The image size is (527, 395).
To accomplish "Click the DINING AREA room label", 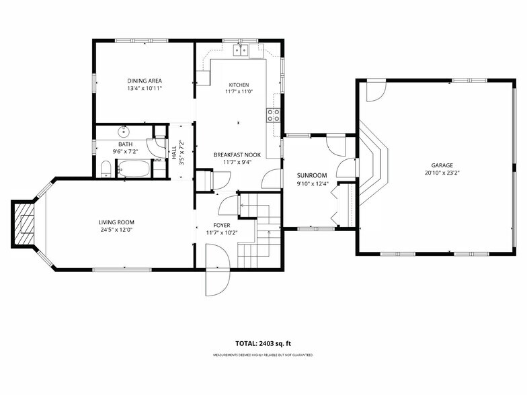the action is [x=145, y=81].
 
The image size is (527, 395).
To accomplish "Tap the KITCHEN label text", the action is [x=239, y=85].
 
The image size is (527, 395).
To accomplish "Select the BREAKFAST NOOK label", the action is [x=237, y=155].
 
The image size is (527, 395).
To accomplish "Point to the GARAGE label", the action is [x=442, y=165].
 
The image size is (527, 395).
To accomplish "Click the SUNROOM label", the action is [x=312, y=175].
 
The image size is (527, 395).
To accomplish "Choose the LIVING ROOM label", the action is [x=116, y=222].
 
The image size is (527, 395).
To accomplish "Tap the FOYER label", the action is [x=222, y=225].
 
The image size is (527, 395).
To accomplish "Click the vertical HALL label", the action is [x=174, y=152].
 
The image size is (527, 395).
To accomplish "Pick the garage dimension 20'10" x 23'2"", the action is [x=442, y=173].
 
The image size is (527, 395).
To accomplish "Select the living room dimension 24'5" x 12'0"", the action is [x=116, y=230].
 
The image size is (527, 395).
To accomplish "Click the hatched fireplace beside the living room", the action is [x=24, y=224].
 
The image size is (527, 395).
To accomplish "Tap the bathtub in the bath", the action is [x=134, y=169].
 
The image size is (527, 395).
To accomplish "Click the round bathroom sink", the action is [x=124, y=130].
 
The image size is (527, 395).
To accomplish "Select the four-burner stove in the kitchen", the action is [x=274, y=115].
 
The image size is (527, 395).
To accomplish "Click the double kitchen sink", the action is [x=241, y=50].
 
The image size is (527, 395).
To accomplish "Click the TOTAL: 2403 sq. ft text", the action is [x=263, y=343].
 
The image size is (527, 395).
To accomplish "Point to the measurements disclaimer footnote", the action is [x=263, y=355].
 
